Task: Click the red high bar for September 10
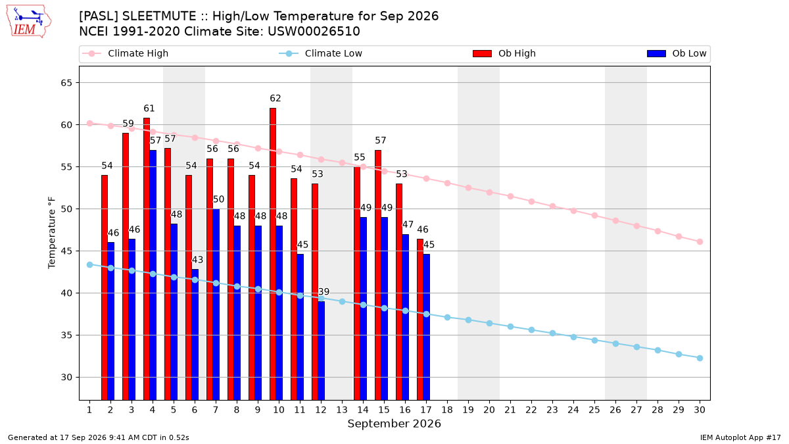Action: click(x=273, y=254)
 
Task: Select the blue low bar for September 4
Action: click(x=153, y=275)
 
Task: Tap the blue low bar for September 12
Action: click(x=322, y=351)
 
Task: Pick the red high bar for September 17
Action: click(x=420, y=320)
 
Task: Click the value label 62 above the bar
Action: click(x=275, y=98)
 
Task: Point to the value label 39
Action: click(x=323, y=292)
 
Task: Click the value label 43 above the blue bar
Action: click(x=198, y=260)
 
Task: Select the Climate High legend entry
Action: click(x=126, y=53)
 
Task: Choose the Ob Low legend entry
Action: click(x=677, y=53)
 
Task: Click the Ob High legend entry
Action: click(x=504, y=53)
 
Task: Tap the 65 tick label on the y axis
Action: click(x=66, y=83)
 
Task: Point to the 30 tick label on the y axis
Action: click(x=66, y=378)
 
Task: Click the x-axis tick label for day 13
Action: click(x=342, y=410)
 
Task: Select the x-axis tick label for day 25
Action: click(x=594, y=410)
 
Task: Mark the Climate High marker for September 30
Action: click(x=700, y=242)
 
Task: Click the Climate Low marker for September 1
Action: click(x=90, y=264)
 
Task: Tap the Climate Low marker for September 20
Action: click(x=490, y=323)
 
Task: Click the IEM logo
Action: click(x=29, y=22)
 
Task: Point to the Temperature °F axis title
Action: click(x=52, y=233)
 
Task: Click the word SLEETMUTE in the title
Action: click(x=159, y=16)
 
